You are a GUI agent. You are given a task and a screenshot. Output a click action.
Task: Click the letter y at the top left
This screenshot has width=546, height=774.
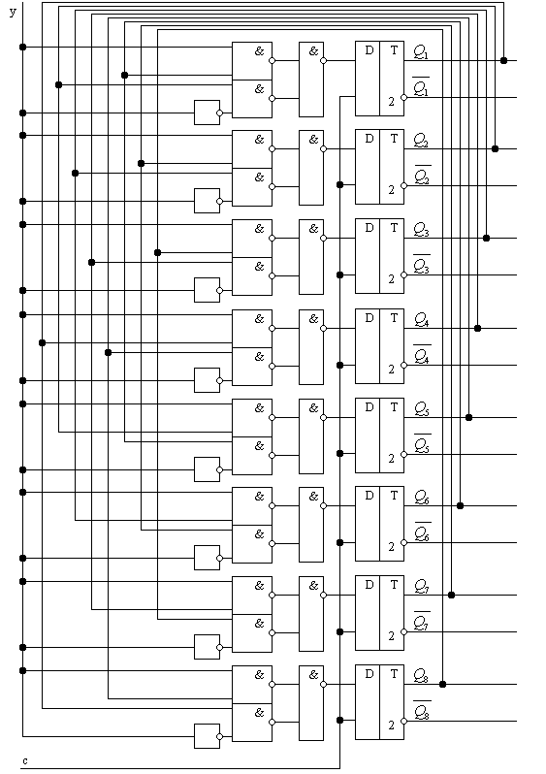[x=13, y=12]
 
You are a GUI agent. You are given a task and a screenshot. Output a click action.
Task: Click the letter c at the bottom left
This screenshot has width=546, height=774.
[x=25, y=760]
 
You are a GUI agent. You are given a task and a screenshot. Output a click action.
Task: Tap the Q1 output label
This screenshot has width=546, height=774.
[x=421, y=51]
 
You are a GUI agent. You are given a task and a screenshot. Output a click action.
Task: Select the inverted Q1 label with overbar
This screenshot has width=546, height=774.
[x=421, y=87]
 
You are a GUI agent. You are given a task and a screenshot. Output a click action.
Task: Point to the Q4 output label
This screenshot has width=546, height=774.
[x=422, y=320]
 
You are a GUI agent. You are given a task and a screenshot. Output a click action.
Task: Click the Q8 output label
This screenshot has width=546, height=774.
[x=421, y=675]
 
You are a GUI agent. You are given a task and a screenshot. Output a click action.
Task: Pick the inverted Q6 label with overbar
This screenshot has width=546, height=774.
[x=422, y=532]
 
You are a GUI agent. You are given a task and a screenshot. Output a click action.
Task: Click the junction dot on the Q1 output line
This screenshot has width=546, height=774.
[x=503, y=60]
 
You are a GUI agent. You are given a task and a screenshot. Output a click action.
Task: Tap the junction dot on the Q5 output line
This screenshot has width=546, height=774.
[x=469, y=418]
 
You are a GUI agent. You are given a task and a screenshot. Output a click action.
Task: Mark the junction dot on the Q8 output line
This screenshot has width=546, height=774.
[x=442, y=684]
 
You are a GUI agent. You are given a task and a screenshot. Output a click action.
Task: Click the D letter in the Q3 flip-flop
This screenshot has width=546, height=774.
[x=369, y=228]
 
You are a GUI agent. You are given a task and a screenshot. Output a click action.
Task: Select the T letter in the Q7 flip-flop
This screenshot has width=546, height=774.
[x=394, y=585]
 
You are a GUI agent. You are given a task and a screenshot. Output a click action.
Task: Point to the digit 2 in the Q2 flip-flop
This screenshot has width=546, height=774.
[x=392, y=190]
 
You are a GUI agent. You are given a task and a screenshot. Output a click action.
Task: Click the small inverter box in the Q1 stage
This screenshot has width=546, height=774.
[x=207, y=113]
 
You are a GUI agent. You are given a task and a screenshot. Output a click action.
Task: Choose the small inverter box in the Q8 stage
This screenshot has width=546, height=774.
[x=207, y=736]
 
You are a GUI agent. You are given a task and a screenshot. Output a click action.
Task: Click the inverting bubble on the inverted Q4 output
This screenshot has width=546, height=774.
[x=403, y=366]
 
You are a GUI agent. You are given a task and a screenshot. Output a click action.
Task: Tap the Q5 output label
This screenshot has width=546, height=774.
[x=422, y=409]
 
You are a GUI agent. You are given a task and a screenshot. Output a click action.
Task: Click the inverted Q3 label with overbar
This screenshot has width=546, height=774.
[x=422, y=265]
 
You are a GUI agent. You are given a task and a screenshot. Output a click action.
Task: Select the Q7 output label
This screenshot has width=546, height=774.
[x=422, y=587]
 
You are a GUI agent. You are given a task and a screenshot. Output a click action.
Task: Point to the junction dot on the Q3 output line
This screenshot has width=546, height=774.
[x=486, y=238]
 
